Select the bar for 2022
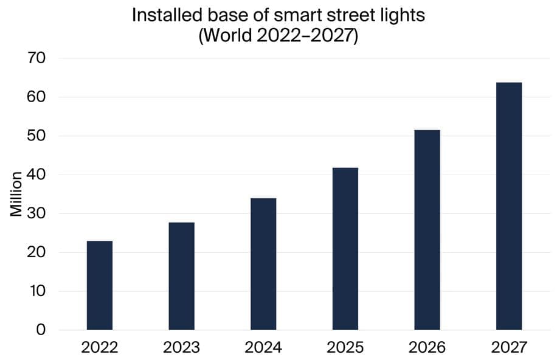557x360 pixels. (100, 285)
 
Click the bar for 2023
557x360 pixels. (181, 276)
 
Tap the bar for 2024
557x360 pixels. (263, 264)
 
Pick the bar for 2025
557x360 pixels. (345, 249)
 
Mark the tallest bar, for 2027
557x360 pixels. (509, 206)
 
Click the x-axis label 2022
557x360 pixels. (100, 348)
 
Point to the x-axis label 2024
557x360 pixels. (263, 348)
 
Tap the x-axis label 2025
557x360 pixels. (345, 348)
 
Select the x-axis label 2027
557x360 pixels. (509, 348)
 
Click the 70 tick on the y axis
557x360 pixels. (38, 58)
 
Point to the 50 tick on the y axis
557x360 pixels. (38, 136)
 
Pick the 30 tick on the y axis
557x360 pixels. (38, 213)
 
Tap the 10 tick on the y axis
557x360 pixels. (38, 291)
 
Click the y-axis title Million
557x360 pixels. (16, 194)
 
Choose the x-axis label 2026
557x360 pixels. (427, 348)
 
